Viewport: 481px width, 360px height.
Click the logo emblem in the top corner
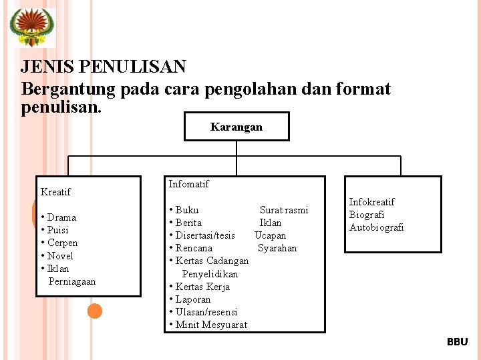32,27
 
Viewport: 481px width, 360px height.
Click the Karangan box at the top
236,127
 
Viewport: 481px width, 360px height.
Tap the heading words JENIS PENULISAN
104,67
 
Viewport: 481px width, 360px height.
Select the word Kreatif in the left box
55,192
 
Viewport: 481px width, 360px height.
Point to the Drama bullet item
61,217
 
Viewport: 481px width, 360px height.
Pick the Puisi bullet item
57,230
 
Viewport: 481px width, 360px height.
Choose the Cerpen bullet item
62,243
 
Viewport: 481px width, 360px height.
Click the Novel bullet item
60,256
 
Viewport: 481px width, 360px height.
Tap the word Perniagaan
72,281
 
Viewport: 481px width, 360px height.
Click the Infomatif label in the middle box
189,184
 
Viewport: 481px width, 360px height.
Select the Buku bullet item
186,210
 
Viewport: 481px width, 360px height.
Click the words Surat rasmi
284,210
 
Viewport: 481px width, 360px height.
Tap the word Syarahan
277,248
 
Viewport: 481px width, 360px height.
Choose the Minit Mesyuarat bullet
211,325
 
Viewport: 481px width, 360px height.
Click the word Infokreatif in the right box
372,202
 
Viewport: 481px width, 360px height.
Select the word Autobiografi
377,227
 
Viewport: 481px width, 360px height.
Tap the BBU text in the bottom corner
458,342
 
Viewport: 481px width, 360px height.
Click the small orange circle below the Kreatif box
95,311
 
